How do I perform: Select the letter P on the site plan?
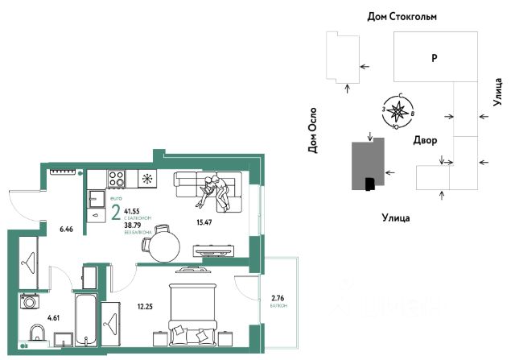(433, 58)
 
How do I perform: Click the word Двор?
(425, 141)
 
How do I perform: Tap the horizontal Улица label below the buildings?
(395, 217)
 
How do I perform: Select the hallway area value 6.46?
(66, 230)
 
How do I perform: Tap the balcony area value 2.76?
(278, 299)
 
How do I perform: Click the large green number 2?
(116, 213)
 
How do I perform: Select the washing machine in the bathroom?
(31, 303)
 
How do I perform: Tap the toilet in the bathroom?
(35, 334)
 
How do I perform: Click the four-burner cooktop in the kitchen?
(115, 178)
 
